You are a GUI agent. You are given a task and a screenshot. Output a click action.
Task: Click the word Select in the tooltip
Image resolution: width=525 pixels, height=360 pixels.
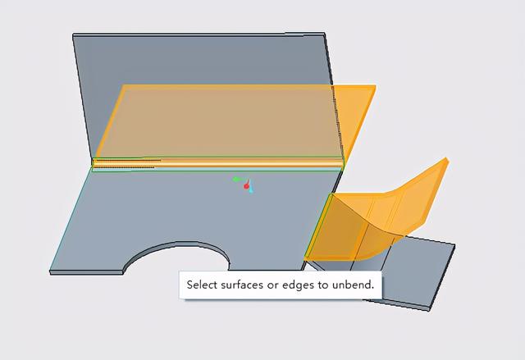pos(202,285)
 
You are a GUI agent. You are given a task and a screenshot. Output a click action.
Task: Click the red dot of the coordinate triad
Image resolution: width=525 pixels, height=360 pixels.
pos(246,186)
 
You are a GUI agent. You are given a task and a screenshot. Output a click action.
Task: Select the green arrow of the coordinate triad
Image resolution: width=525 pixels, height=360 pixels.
pos(238,180)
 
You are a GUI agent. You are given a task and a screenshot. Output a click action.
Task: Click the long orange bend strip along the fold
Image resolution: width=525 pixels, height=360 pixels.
pos(217,163)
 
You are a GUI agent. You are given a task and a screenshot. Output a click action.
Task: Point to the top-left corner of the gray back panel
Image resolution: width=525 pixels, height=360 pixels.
pos(73,34)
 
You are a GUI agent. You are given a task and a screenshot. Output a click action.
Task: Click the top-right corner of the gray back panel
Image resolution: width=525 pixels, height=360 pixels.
pos(324,33)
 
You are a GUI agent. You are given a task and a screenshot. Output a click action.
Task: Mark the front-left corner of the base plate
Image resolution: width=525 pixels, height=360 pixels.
pos(50,271)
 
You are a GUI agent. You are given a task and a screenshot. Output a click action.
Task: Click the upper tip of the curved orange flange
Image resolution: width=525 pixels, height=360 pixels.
pos(446,158)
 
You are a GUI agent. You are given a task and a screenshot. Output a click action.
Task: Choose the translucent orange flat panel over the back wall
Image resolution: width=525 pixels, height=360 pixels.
pos(217,121)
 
